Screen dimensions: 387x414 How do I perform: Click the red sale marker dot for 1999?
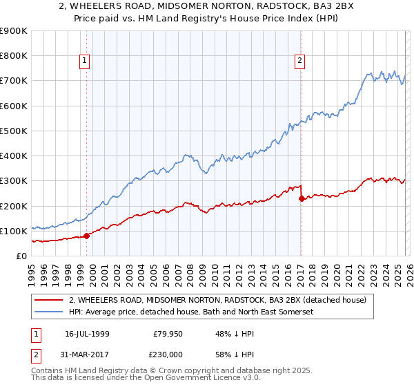[x=87, y=236]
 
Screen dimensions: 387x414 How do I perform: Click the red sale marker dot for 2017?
[x=302, y=198]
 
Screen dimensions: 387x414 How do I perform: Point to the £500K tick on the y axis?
[x=14, y=131]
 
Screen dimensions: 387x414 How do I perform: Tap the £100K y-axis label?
[x=14, y=231]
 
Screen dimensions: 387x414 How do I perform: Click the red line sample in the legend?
[x=50, y=301]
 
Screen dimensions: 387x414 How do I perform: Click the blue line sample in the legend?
[x=50, y=312]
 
